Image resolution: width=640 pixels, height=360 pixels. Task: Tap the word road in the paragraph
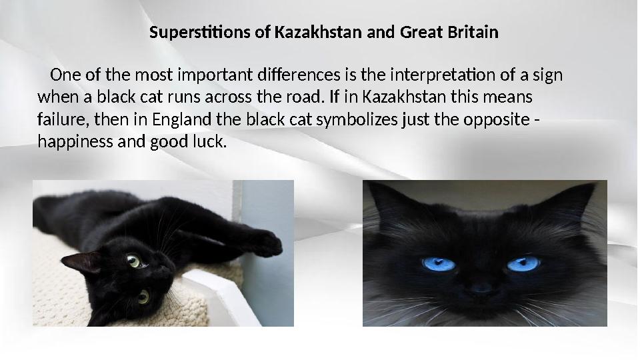[305, 97]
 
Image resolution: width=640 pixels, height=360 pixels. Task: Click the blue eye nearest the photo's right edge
[523, 265]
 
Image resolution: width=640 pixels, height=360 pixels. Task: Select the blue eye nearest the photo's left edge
[439, 264]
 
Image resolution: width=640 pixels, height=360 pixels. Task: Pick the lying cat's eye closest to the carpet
[143, 296]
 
